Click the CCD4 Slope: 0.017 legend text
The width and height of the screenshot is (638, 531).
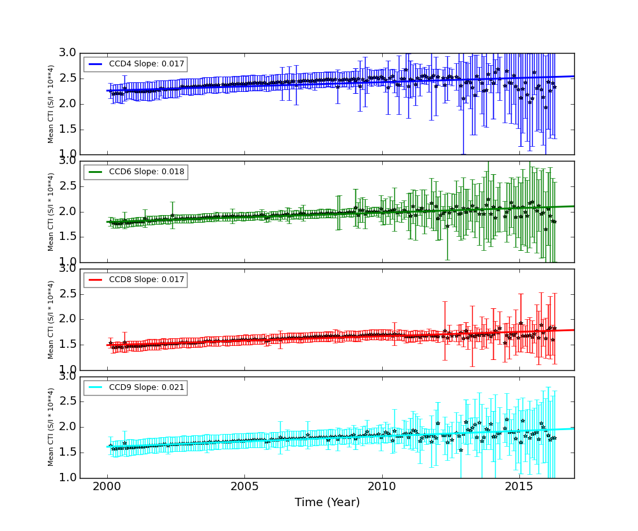tap(146, 64)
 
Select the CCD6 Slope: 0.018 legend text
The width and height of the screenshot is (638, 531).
tap(146, 172)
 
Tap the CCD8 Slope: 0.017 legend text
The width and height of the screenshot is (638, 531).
tap(146, 280)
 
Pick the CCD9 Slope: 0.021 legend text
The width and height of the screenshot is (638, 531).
tap(146, 387)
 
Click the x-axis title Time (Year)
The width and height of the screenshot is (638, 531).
tap(327, 503)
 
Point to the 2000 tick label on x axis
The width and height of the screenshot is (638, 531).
tap(107, 487)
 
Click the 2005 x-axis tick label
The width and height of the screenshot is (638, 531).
tap(244, 487)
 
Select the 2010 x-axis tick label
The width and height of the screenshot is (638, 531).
tap(382, 487)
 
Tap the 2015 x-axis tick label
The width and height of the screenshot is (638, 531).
tap(519, 487)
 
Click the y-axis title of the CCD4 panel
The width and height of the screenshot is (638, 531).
tap(51, 103)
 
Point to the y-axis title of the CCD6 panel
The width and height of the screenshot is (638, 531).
tap(51, 211)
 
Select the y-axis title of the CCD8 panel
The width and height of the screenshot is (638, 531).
tap(51, 319)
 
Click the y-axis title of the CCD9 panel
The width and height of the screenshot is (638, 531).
tap(51, 427)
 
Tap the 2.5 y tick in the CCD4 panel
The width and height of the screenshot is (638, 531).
tap(85, 79)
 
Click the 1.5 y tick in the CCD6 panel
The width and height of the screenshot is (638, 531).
tap(85, 237)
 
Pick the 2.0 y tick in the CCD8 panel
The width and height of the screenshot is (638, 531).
tap(85, 319)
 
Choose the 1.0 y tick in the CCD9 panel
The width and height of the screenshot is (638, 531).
tap(85, 477)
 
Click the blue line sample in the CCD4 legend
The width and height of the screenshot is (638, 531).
tap(96, 64)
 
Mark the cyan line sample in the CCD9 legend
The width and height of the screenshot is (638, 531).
tap(96, 388)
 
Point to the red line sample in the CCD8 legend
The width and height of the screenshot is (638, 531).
tap(96, 280)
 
